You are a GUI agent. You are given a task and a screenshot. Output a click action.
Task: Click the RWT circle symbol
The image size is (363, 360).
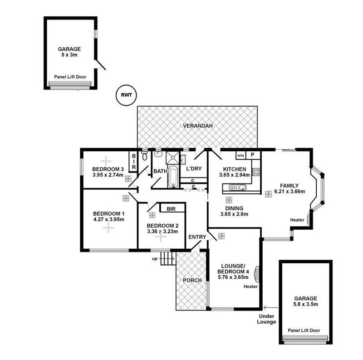pyautogui.click(x=126, y=95)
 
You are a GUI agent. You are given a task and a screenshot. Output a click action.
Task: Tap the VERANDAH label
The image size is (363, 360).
pyautogui.click(x=198, y=126)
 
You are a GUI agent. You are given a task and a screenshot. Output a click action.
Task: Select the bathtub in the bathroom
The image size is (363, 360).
pyautogui.click(x=173, y=177)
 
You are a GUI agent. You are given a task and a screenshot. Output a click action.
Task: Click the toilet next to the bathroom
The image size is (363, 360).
pyautogui.click(x=145, y=156)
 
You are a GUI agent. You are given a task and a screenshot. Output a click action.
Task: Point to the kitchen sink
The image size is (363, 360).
pyautogui.click(x=237, y=187)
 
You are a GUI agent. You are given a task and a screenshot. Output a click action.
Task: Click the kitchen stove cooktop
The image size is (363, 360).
pyautogui.click(x=255, y=172)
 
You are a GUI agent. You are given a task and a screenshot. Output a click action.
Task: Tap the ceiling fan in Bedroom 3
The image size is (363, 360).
pyautogui.click(x=106, y=161)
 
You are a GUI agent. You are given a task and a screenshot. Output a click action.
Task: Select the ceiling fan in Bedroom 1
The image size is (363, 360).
pyautogui.click(x=108, y=228)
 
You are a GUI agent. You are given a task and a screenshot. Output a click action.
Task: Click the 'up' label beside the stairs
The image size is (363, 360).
pyautogui.click(x=155, y=258)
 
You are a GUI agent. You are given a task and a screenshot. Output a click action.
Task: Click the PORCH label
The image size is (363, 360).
pyautogui.click(x=192, y=280)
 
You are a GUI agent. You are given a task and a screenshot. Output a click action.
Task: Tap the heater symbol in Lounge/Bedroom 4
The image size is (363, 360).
pyautogui.click(x=256, y=274)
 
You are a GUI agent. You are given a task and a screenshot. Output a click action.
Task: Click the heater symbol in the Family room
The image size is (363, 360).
pyautogui.click(x=308, y=219)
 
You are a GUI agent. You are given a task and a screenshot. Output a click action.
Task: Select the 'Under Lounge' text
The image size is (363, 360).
pyautogui.click(x=266, y=319)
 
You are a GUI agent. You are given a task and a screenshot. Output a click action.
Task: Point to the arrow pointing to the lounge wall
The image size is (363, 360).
pyautogui.click(x=270, y=308)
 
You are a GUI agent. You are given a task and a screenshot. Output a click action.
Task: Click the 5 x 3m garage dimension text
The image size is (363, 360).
pyautogui.click(x=69, y=55)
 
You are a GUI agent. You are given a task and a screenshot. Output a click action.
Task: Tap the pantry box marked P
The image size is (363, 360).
pyautogui.click(x=253, y=155)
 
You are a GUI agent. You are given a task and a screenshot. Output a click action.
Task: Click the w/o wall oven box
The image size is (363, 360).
pyautogui.click(x=241, y=155)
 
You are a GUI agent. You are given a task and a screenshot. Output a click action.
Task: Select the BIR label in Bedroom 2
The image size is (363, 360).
pyautogui.click(x=171, y=209)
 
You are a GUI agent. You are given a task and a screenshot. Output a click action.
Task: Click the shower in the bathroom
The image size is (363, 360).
pyautogui.click(x=173, y=158)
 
